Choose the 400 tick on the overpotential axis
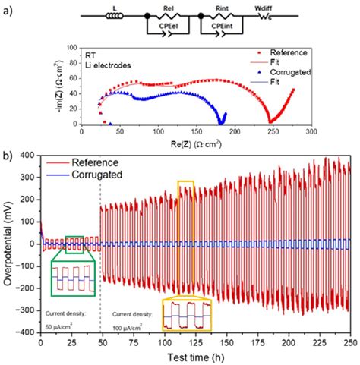tap(27, 156)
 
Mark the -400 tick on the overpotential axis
tap(26, 332)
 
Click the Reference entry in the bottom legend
tap(96, 162)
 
